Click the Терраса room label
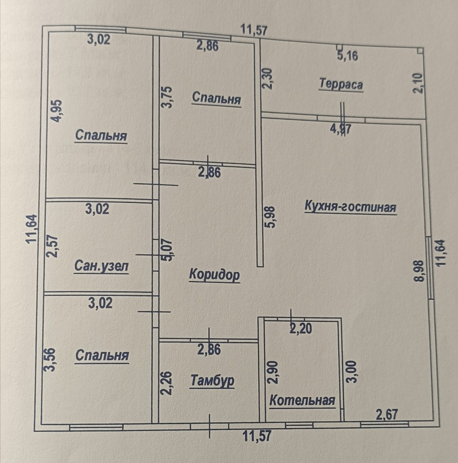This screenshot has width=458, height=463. pos(340,84)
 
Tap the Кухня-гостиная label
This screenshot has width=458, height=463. pos(350,207)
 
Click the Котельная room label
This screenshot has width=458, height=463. pos(302,401)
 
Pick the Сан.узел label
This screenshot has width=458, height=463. pos(101,266)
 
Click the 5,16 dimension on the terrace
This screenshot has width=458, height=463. pos(348,56)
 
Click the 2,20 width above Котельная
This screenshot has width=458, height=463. pos(301,329)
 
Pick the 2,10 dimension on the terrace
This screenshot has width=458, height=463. pos(420,83)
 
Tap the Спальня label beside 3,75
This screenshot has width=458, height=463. pos(216,98)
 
